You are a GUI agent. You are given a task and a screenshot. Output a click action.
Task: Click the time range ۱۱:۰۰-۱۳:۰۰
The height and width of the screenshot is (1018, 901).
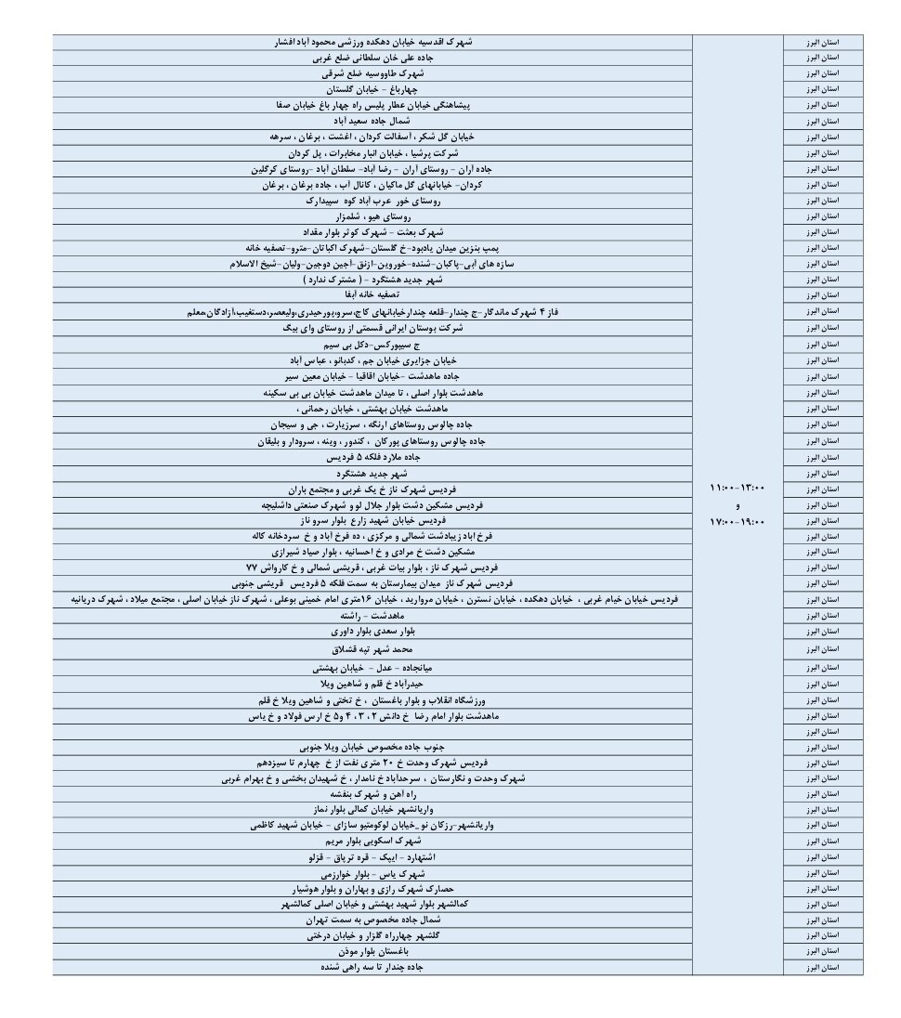tap(738, 489)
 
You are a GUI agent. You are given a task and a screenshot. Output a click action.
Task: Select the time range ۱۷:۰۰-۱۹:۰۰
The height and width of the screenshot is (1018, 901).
tap(738, 522)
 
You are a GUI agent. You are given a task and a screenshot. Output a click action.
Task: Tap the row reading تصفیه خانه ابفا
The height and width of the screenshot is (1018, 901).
tap(372, 294)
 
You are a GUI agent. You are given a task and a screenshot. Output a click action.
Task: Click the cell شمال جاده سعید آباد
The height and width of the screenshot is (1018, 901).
tap(372, 121)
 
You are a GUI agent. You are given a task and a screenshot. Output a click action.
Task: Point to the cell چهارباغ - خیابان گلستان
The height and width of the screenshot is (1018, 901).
tap(372, 89)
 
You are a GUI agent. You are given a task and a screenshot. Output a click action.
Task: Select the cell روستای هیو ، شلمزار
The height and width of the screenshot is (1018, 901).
tap(372, 215)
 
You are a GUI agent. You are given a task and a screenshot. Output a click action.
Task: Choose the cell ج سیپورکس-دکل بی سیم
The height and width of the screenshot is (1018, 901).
tap(372, 344)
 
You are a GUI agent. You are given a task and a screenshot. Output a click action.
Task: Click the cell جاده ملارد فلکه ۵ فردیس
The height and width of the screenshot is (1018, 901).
tap(372, 457)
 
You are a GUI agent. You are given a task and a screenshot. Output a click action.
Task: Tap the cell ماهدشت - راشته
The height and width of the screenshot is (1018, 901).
tap(372, 616)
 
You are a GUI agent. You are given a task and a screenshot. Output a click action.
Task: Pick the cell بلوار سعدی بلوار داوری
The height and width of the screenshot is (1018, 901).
tap(372, 632)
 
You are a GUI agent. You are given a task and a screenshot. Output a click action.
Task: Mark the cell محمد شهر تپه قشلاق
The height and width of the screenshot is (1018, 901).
tap(372, 649)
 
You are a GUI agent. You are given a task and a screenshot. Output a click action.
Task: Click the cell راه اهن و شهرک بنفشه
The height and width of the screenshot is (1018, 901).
tap(372, 794)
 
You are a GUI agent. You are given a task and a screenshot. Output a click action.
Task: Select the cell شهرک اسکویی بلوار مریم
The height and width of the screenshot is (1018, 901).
tap(372, 841)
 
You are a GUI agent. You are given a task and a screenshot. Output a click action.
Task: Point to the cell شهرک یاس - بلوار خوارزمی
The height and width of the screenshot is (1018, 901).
tap(372, 874)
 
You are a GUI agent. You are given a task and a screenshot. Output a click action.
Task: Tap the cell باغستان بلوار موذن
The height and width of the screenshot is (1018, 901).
tap(372, 951)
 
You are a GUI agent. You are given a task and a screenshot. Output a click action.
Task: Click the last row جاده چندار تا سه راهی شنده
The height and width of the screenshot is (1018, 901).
tap(372, 967)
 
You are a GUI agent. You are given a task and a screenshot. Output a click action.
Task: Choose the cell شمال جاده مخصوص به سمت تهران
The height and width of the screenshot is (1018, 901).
tap(372, 920)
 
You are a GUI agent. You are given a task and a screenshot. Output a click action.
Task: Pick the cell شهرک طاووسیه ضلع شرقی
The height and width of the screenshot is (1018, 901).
tap(372, 72)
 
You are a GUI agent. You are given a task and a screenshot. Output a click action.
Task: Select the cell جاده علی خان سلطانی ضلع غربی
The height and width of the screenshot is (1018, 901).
tap(372, 58)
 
